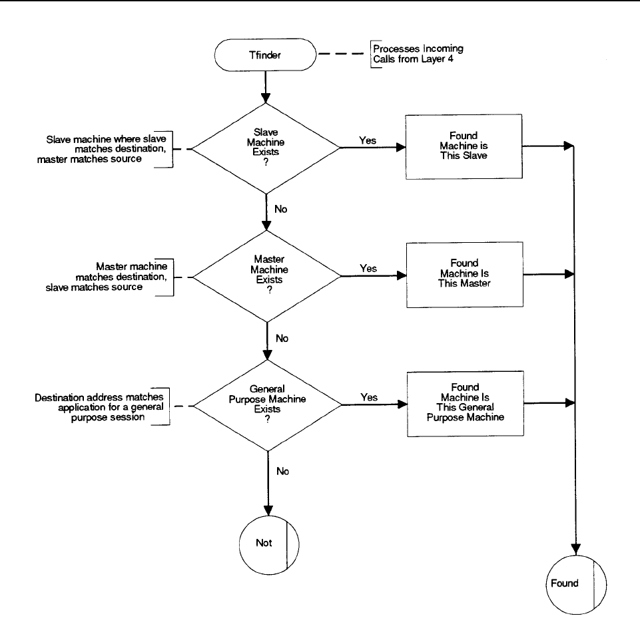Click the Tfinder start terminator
[265, 55]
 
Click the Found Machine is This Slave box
[464, 146]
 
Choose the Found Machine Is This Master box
[464, 275]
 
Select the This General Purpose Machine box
[466, 404]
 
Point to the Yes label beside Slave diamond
[368, 140]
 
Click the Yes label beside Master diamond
[368, 268]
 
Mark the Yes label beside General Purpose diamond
[369, 397]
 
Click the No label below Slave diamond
[281, 209]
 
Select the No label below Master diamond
[282, 339]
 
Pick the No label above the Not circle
[283, 472]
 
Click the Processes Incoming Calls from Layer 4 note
[418, 54]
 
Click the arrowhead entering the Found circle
[576, 550]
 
